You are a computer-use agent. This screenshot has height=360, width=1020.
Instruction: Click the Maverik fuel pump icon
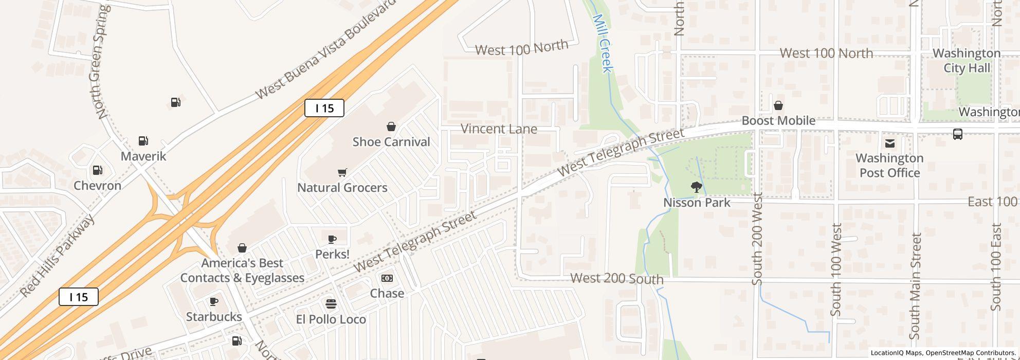143,141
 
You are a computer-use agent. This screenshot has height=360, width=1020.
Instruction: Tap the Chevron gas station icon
97,170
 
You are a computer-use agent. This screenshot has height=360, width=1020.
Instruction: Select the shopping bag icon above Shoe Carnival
391,127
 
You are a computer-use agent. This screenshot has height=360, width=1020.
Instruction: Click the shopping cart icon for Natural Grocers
342,172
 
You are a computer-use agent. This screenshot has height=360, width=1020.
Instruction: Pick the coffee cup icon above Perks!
332,239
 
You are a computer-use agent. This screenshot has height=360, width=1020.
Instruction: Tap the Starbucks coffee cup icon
214,302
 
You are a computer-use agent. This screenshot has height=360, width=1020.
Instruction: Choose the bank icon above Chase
387,278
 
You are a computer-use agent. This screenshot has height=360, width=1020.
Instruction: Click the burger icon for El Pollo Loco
331,304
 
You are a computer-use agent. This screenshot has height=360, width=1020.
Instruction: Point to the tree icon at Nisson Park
697,187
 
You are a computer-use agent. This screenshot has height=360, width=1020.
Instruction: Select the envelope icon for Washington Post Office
889,143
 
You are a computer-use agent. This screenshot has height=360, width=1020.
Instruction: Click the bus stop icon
958,134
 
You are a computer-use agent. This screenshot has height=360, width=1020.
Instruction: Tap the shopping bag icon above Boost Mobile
778,105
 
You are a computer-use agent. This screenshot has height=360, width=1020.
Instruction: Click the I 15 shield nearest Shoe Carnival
324,108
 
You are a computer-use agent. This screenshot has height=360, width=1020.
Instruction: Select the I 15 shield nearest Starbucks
78,297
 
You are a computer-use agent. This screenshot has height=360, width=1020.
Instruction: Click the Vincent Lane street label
499,129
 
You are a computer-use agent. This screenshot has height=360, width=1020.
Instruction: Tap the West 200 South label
617,279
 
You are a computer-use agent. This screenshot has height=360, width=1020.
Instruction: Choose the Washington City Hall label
967,60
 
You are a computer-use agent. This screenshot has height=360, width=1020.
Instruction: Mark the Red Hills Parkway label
58,256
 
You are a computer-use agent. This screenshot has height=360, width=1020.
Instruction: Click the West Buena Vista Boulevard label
326,49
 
